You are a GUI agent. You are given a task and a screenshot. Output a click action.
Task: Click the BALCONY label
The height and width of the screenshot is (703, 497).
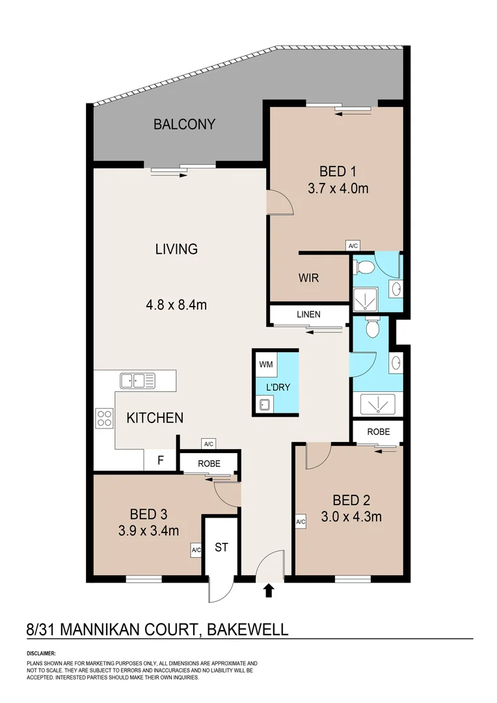coord(184,124)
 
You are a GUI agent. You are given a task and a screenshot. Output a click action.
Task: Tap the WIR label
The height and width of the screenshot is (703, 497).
coord(308,278)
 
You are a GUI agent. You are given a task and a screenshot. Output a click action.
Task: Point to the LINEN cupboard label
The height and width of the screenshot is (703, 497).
coord(308,314)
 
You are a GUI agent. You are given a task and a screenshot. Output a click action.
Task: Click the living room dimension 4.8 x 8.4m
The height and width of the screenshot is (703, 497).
coord(176,304)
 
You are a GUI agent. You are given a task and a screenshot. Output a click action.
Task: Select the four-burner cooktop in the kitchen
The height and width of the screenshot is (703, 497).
coord(104,417)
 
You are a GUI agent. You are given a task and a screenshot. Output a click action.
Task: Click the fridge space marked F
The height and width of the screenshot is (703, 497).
coord(160,461)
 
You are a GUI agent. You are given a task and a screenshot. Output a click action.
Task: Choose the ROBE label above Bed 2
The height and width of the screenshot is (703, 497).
coord(378,432)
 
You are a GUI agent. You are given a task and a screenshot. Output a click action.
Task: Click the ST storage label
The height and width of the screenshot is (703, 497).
coord(221,547)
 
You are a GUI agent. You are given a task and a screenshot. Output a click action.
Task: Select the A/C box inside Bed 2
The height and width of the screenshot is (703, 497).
coord(301,522)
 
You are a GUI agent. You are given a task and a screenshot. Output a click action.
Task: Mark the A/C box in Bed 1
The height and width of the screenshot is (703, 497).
coord(353,245)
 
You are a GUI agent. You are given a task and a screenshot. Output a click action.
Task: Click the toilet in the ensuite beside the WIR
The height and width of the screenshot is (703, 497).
coord(364,267)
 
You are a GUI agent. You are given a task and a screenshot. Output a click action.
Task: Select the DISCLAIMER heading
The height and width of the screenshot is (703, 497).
coord(41,653)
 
